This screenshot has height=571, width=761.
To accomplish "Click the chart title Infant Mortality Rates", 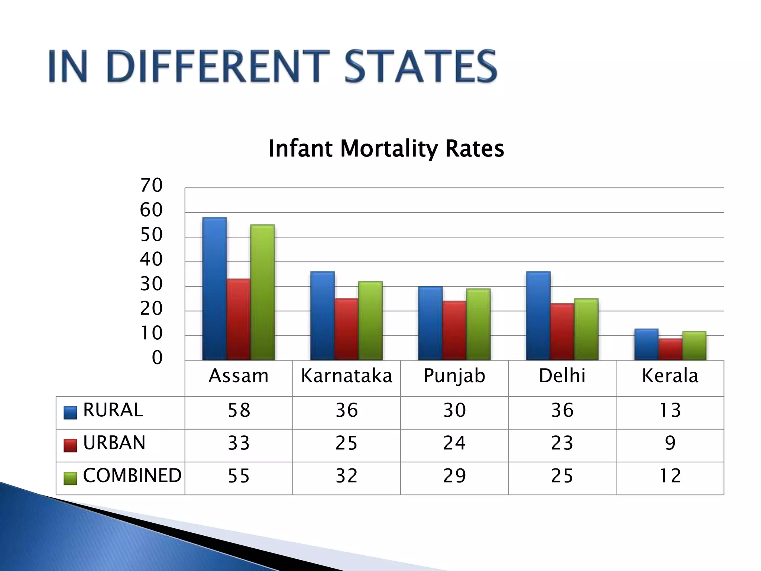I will [x=386, y=149].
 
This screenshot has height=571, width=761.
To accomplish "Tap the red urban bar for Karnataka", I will [x=346, y=329].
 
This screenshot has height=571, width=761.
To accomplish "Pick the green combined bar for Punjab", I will [x=478, y=324].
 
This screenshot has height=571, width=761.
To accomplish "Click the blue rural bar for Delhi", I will [x=538, y=316].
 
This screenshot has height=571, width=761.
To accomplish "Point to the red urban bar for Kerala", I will [x=670, y=349].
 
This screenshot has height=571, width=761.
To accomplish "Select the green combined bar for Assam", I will [x=263, y=293].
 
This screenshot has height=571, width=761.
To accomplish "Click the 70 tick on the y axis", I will [x=151, y=185].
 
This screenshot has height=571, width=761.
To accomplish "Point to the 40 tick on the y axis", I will [x=151, y=259].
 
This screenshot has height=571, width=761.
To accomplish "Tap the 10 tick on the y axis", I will [x=151, y=333].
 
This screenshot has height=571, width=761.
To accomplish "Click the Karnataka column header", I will [x=346, y=376].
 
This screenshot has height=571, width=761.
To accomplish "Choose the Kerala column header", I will [x=670, y=376].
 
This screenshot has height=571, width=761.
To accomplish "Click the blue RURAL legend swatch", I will [x=70, y=413].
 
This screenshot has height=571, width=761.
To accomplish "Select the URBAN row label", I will [x=114, y=443].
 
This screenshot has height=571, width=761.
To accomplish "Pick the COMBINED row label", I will [x=132, y=475].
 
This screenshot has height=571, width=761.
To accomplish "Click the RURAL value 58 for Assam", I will [x=239, y=410].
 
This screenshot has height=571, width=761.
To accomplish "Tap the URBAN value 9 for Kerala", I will [x=670, y=443].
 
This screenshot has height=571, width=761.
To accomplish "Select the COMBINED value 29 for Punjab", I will [x=454, y=476].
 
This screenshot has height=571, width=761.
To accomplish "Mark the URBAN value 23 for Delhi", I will [x=562, y=443].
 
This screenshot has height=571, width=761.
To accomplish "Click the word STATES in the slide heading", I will [x=421, y=67].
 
